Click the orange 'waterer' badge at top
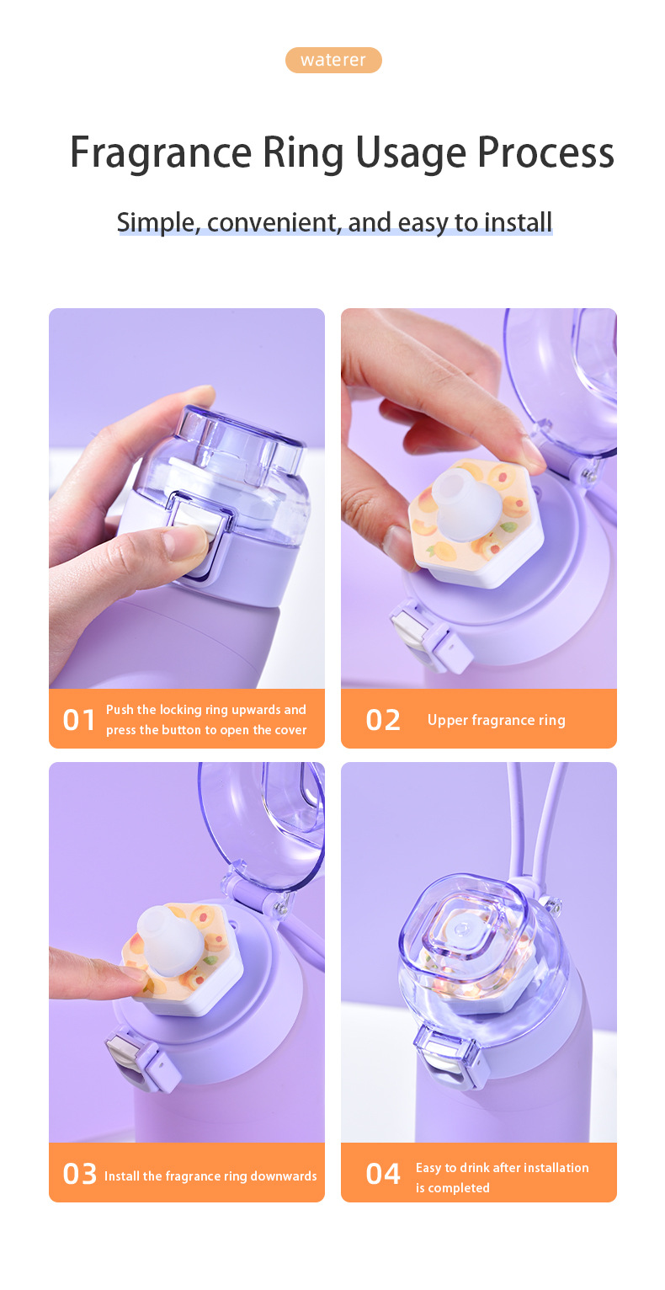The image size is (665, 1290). point(333,60)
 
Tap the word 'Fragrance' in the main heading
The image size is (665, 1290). point(161,152)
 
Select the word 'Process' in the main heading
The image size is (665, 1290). point(545,152)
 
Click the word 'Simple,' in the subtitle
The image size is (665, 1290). point(158,222)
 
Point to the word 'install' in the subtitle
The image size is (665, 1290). point(518,222)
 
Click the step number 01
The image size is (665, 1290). point(79,720)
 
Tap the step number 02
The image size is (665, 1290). point(383,720)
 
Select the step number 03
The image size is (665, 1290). point(79,1174)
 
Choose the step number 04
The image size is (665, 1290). point(383,1174)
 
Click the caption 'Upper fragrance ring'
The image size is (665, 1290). point(497,720)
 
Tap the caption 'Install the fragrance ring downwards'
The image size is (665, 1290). point(210,1175)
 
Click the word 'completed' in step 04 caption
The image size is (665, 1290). point(459,1188)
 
